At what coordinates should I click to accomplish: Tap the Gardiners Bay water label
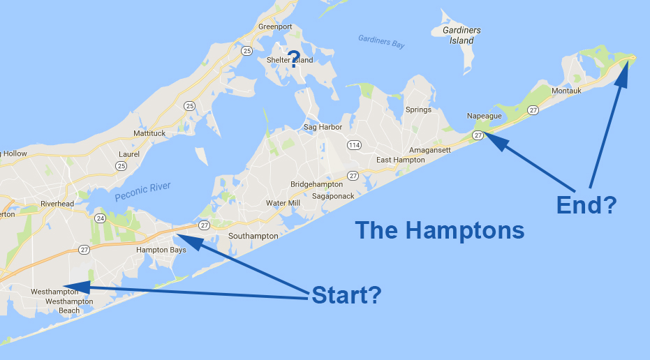pos(381,41)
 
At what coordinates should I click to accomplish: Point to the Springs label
pos(418,110)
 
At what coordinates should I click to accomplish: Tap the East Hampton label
pos(400,160)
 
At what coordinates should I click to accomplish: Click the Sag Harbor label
pos(323,127)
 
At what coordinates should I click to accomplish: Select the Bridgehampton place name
pos(316,184)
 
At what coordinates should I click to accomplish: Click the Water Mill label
pos(283,203)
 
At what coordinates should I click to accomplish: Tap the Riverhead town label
pos(57,204)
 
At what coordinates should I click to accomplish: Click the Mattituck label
pos(151,133)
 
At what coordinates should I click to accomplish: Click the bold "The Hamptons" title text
pos(439,230)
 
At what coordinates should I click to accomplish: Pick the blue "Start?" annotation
pos(346,295)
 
